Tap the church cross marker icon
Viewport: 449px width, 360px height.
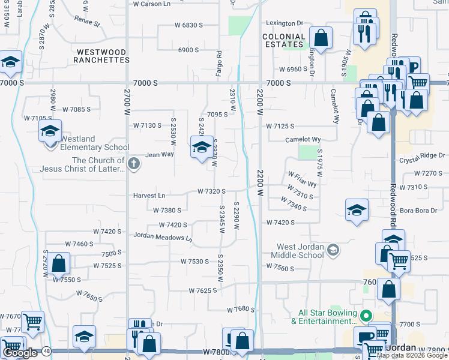[x=134, y=163]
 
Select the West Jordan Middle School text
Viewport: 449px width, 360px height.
[x=300, y=251]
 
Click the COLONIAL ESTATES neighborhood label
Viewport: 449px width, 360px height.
[x=283, y=40]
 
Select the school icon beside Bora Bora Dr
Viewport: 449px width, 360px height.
[x=357, y=210]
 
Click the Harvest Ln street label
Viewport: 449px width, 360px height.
[x=149, y=196]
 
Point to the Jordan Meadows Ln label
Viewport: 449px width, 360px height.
[x=163, y=238]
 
